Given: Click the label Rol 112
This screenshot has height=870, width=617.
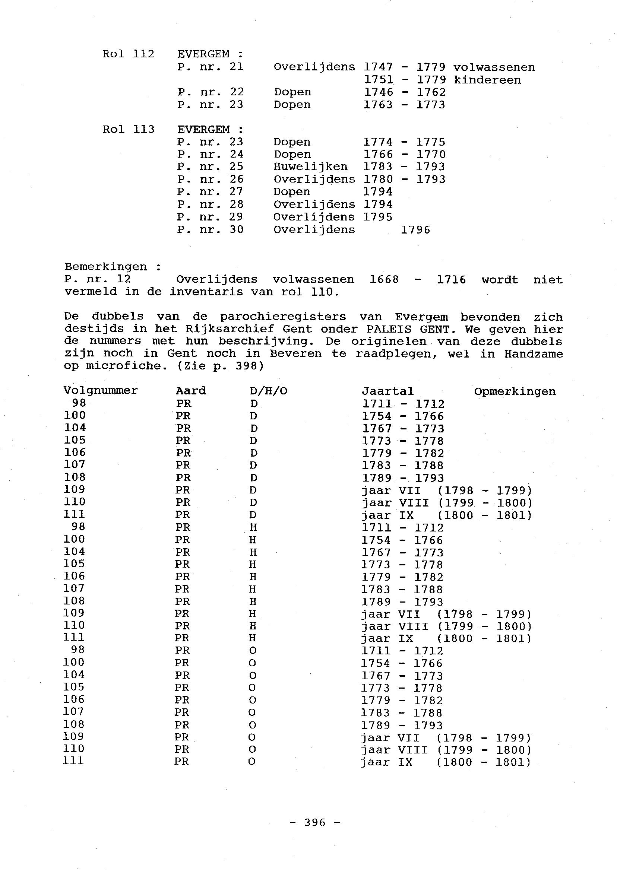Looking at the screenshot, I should (x=128, y=54).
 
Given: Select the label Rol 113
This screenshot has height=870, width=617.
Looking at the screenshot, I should (x=128, y=130).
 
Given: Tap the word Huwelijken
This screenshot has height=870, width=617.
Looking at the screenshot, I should (x=310, y=167).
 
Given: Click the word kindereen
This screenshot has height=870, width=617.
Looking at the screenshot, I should (x=487, y=80).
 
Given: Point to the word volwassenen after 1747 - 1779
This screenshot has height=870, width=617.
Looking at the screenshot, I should (x=494, y=67).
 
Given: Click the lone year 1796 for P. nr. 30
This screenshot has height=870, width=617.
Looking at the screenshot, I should (x=415, y=230).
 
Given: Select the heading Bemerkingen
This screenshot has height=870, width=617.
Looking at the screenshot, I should (x=106, y=267).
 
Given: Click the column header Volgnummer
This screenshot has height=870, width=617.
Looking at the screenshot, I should (x=100, y=391).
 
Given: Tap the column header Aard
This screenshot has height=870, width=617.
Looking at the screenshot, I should (x=190, y=391).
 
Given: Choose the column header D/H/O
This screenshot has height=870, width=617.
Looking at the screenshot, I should (x=268, y=391).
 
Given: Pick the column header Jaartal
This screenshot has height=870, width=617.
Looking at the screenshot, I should (x=387, y=391).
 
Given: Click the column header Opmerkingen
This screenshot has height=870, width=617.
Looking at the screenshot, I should (x=515, y=391).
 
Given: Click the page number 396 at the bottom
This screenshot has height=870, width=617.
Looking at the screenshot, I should (x=315, y=822).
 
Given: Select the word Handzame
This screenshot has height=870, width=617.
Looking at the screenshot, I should (x=534, y=354).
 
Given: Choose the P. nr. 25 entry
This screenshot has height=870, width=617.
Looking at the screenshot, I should (x=210, y=167).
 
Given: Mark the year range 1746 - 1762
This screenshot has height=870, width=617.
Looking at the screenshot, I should (x=404, y=92).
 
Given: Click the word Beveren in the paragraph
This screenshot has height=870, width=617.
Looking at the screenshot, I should (x=295, y=354).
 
